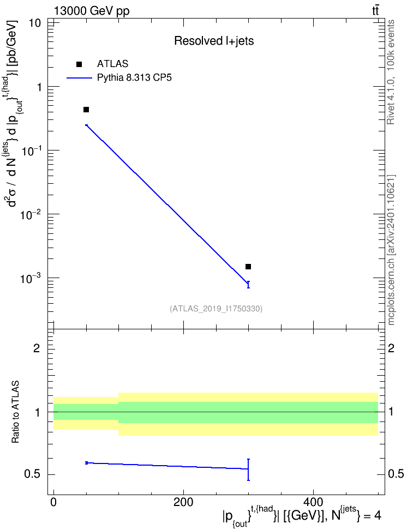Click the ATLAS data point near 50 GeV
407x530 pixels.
86,110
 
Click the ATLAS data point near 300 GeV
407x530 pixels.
248,267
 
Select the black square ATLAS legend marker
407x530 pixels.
79,64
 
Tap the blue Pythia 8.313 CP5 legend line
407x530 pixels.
79,78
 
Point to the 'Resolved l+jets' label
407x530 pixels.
214,41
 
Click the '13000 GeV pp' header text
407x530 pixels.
91,11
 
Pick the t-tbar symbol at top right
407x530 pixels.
375,11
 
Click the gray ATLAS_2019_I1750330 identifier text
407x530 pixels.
216,309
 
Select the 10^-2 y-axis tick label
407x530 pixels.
31,214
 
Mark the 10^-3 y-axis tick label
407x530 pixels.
31,278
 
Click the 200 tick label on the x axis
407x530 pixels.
183,502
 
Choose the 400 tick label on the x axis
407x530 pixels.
313,502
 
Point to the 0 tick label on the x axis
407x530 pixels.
53,502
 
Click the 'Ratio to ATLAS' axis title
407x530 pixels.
15,412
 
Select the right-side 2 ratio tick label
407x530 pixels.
391,348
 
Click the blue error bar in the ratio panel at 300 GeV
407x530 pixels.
248,469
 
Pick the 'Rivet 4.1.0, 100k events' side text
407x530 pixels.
391,72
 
